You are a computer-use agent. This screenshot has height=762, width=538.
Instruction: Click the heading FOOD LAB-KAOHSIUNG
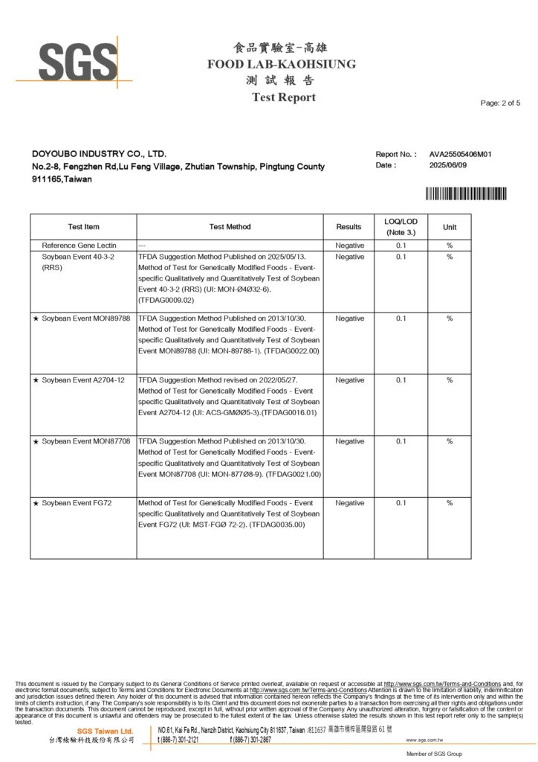(282, 64)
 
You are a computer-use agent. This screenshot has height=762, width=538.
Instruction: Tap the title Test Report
(283, 97)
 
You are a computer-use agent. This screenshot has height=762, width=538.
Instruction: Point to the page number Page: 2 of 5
(500, 103)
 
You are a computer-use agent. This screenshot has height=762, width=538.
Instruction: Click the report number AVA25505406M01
(461, 154)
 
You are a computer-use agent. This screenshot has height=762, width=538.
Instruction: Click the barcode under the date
(466, 193)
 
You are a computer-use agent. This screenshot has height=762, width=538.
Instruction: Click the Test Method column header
(230, 227)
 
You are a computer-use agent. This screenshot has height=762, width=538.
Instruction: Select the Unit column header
(450, 227)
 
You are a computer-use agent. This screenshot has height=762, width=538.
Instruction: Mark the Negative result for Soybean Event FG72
(349, 503)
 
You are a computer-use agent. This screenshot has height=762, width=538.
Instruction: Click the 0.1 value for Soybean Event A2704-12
(401, 380)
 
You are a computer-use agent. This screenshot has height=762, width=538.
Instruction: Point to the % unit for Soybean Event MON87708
(450, 441)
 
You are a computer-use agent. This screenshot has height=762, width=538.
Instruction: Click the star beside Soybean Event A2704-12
(36, 380)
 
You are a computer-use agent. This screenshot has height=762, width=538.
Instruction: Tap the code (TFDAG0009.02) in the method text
(166, 300)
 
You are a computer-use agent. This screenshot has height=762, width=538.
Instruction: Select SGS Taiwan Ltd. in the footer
(105, 731)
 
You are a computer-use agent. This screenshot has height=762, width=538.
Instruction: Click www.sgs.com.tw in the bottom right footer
(424, 740)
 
